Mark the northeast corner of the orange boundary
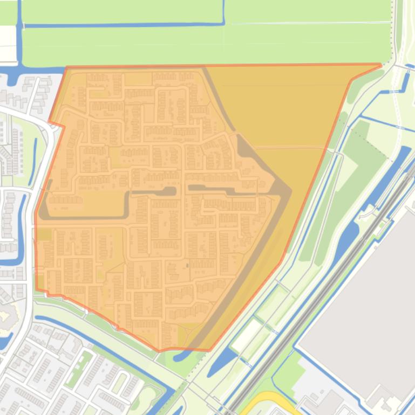coord(380,65)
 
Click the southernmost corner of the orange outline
coord(159,351)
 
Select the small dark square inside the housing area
coord(187,265)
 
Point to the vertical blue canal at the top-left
coord(20,38)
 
